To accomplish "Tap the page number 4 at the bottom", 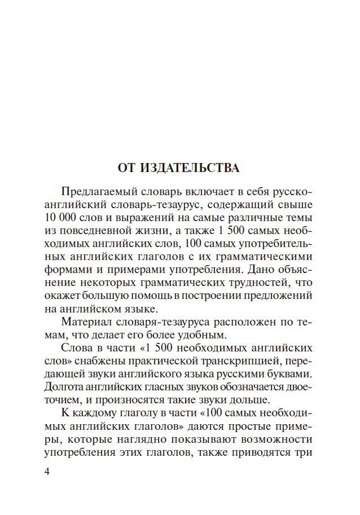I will click(x=46, y=472).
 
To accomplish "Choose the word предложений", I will click(x=284, y=296).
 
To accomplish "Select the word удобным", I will click(x=183, y=334).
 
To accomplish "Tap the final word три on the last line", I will click(x=304, y=453).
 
